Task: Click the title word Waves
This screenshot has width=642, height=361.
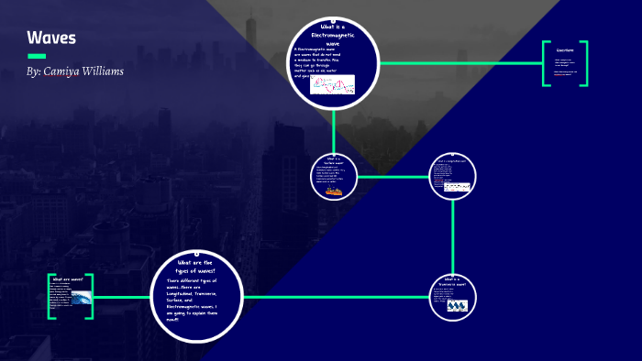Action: (x=51, y=38)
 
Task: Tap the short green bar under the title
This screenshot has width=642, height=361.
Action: (x=37, y=56)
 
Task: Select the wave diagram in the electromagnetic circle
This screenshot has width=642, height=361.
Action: (x=332, y=84)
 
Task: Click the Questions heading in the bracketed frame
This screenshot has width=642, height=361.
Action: (x=564, y=50)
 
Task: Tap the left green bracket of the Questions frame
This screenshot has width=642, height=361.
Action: (x=545, y=63)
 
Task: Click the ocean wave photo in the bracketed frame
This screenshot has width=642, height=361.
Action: (x=81, y=299)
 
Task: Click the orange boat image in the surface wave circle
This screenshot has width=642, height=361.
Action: (x=333, y=191)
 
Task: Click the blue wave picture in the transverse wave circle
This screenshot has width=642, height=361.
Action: (x=457, y=307)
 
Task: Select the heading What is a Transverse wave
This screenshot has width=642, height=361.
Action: (x=456, y=281)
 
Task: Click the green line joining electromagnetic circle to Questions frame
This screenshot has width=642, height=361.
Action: (x=459, y=63)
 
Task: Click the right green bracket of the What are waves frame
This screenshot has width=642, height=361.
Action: (x=91, y=297)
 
